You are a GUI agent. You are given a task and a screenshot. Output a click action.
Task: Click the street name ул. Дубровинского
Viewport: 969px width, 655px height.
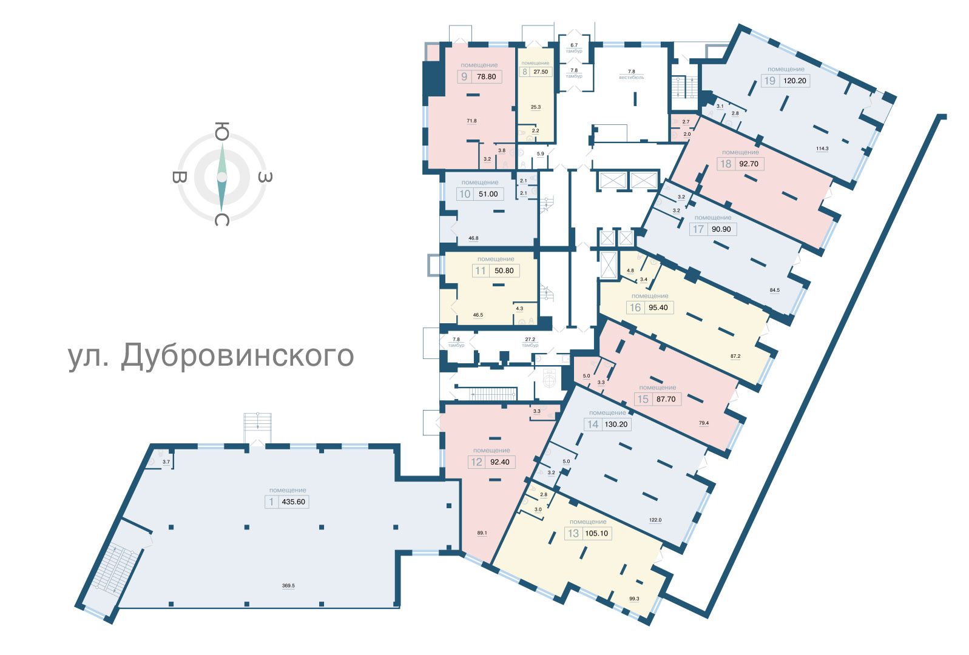click(x=211, y=356)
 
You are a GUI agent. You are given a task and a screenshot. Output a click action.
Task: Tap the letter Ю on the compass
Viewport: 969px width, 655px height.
click(x=222, y=130)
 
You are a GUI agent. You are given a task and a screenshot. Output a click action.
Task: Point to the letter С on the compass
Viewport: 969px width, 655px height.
click(x=222, y=220)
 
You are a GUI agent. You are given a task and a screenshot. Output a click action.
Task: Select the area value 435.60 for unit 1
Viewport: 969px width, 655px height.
click(x=293, y=502)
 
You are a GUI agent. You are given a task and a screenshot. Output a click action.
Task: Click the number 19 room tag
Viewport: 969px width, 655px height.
click(x=769, y=81)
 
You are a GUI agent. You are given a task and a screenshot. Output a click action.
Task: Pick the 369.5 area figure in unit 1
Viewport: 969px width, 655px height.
click(x=288, y=586)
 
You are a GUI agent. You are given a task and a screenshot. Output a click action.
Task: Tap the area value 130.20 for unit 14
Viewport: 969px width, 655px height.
click(x=616, y=424)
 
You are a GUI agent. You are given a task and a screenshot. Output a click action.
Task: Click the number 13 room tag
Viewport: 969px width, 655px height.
click(x=573, y=534)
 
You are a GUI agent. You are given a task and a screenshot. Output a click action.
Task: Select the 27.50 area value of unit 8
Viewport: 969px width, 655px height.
click(x=541, y=72)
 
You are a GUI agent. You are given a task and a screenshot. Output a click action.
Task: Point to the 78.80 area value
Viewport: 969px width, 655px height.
click(x=486, y=76)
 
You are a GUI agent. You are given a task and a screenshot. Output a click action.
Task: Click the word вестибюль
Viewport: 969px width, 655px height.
click(x=632, y=78)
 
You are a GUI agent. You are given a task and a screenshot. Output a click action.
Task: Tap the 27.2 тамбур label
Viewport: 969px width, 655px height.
click(x=530, y=343)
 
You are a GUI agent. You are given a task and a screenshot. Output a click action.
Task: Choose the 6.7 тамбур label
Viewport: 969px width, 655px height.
click(x=574, y=48)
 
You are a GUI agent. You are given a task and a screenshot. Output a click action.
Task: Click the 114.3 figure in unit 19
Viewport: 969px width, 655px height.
click(x=822, y=149)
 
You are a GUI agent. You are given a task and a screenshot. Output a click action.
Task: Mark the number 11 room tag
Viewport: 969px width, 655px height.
click(x=480, y=270)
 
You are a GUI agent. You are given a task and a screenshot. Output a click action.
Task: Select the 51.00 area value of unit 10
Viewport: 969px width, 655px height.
click(x=488, y=194)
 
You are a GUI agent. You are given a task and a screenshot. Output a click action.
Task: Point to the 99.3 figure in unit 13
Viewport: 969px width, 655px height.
click(x=634, y=599)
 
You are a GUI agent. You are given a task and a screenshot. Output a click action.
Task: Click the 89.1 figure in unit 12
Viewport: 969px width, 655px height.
click(x=482, y=533)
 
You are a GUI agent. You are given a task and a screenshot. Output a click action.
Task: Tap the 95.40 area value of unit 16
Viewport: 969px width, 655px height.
click(x=658, y=307)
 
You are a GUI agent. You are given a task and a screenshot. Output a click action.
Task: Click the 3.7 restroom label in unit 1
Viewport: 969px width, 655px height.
click(x=166, y=462)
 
